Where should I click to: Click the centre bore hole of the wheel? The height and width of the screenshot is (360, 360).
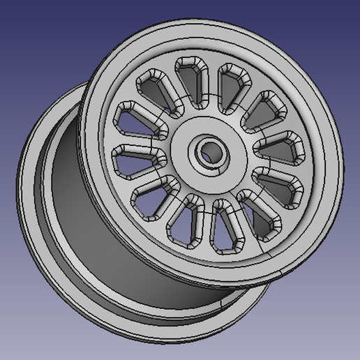point(208,151)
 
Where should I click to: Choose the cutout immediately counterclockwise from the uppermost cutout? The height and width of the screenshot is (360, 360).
point(154,89)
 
